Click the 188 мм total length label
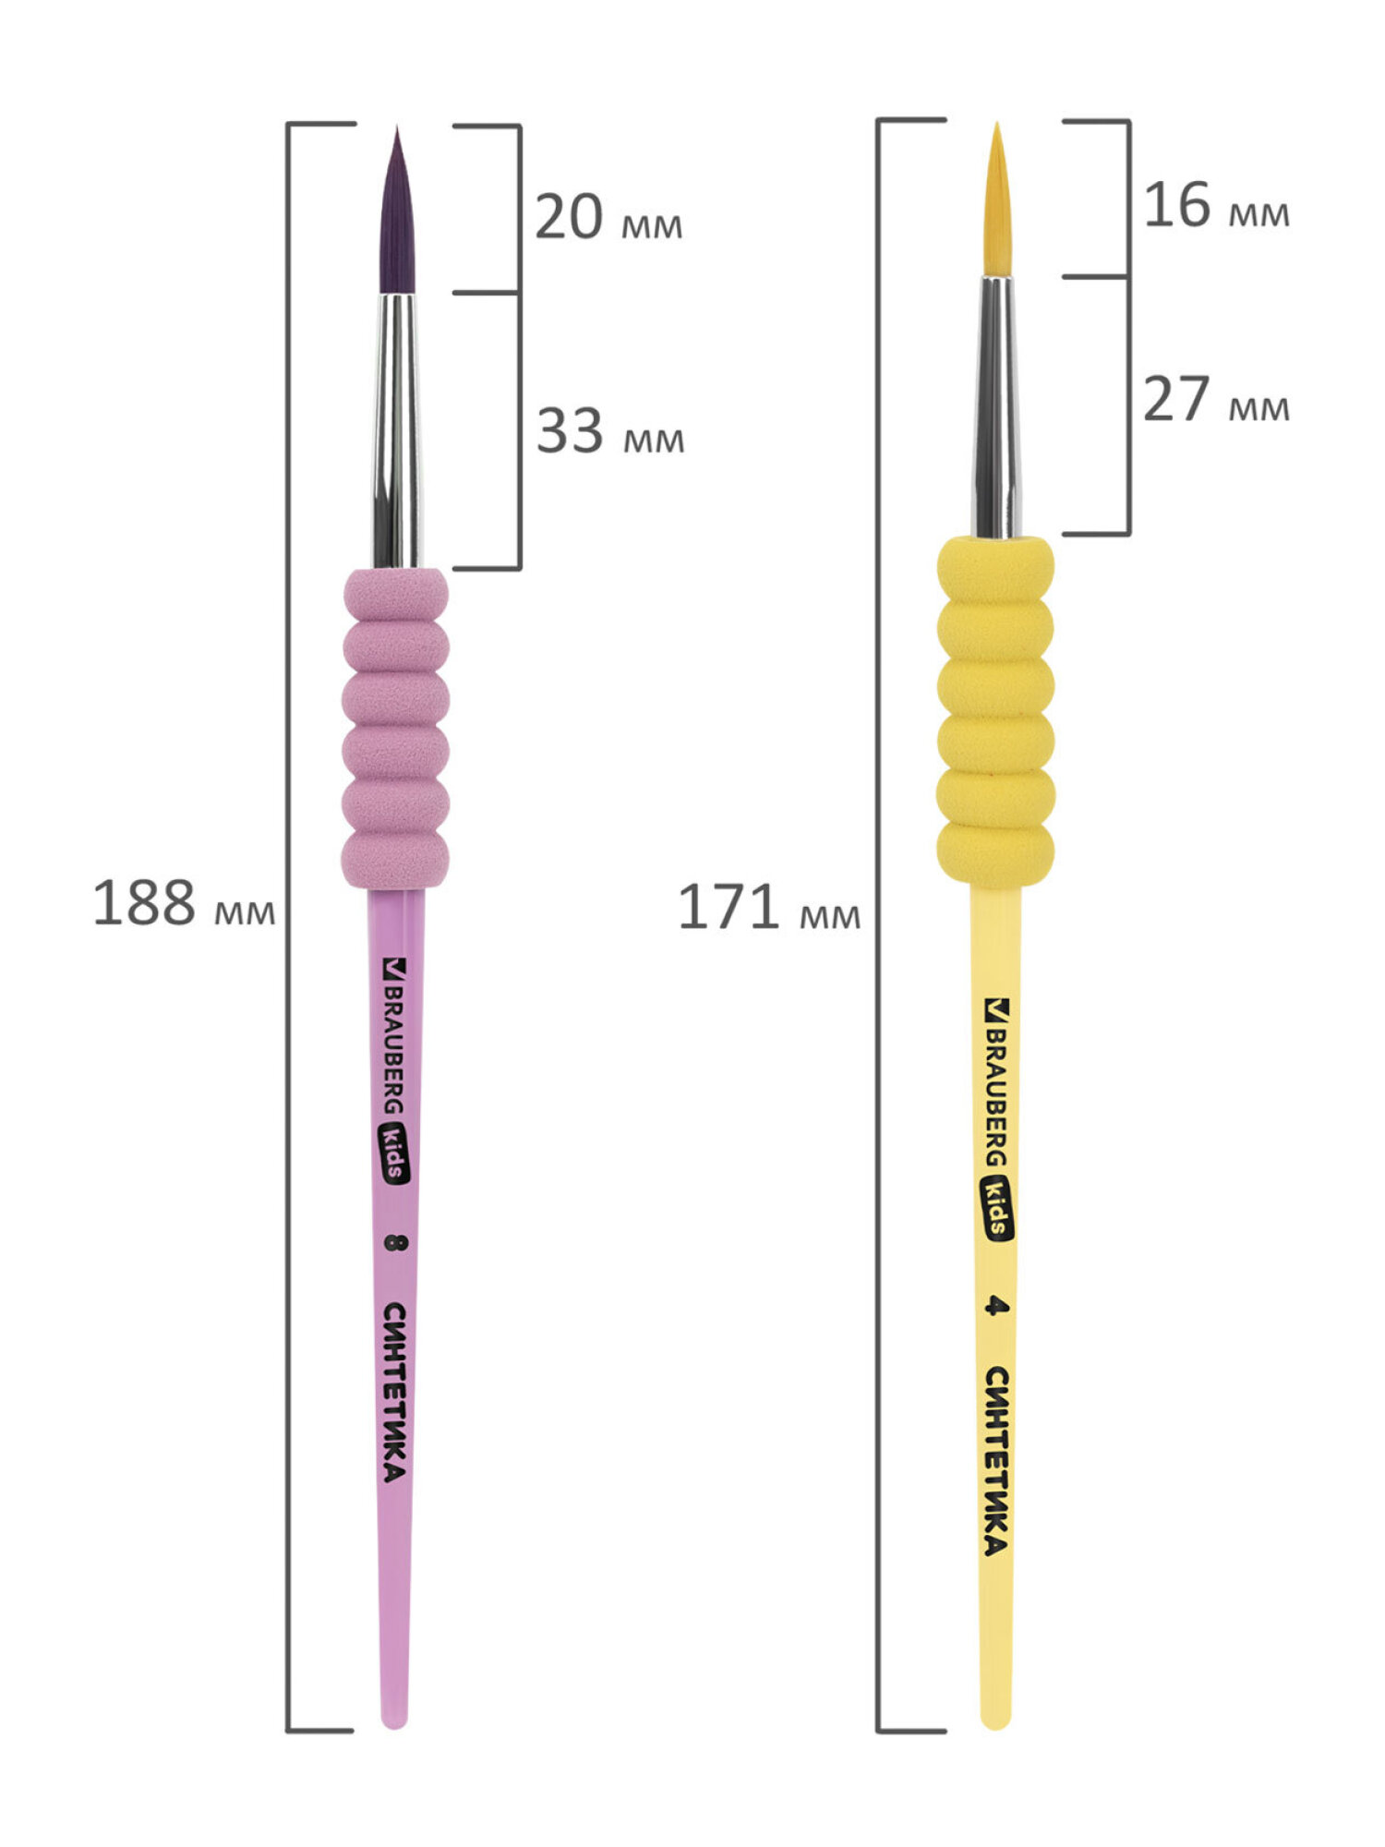184,902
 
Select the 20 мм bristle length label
608,217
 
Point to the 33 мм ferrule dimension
610,430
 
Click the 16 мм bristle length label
1216,204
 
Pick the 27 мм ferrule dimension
1216,399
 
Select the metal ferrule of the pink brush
397,431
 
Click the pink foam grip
396,728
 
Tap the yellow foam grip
995,711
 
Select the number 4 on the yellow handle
994,1305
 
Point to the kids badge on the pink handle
395,1155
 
